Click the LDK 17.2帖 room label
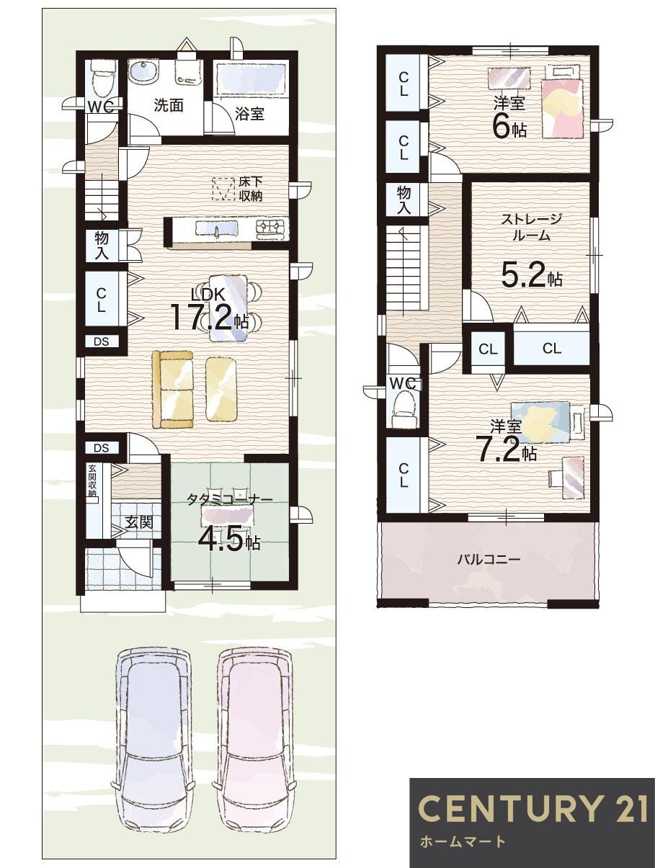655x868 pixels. (208, 310)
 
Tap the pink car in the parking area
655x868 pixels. (257, 738)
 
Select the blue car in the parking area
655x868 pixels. (153, 738)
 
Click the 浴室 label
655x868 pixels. (250, 114)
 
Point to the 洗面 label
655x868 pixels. (169, 105)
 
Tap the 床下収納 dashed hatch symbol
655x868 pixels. (223, 189)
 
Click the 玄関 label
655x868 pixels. (138, 522)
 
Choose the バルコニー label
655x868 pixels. (488, 558)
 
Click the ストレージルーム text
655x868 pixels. (531, 227)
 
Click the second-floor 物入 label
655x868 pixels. (404, 200)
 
